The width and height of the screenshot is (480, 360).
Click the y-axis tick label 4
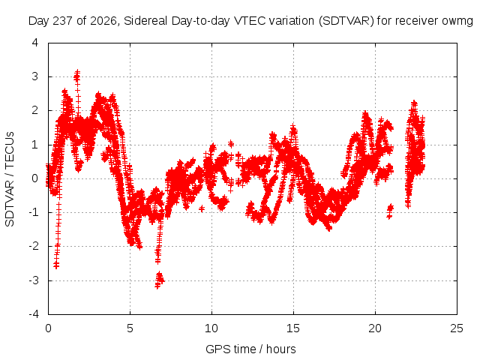(x=35, y=43)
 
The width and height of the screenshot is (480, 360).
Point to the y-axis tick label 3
(x=35, y=76)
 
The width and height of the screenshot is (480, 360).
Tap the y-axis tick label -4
(x=34, y=314)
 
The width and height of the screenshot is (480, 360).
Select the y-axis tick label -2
(x=34, y=246)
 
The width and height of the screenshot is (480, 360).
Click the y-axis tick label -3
(x=34, y=280)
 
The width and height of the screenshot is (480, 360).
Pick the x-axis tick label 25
(x=457, y=328)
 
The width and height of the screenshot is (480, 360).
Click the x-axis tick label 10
(x=211, y=328)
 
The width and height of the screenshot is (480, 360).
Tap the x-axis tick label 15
(x=293, y=328)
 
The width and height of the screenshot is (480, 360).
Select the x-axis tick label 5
(x=130, y=328)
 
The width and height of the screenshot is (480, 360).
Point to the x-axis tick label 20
(x=375, y=328)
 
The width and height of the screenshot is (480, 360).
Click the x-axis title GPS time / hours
(x=250, y=349)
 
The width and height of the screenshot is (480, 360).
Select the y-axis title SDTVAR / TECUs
(x=10, y=179)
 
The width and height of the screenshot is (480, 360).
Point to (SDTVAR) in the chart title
(x=346, y=21)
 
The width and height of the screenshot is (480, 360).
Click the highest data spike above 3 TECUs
(x=77, y=76)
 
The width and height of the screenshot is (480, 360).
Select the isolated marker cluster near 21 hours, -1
(x=390, y=211)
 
